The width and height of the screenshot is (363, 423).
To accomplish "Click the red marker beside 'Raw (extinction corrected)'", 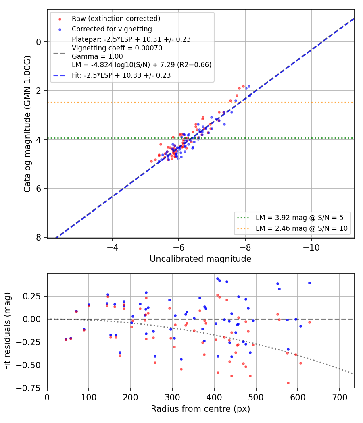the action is [60, 19].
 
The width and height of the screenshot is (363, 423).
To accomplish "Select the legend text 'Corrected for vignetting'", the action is [112, 29].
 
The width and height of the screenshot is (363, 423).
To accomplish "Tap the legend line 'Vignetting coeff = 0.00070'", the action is [117, 48].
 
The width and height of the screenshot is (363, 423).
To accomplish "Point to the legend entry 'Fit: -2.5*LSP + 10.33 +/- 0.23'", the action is [121, 75].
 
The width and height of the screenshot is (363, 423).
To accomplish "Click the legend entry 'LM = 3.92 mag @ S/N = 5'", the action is [300, 218].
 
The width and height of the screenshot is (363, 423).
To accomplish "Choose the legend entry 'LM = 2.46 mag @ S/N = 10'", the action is [302, 228].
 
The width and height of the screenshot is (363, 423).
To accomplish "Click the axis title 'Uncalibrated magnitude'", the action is [200, 259].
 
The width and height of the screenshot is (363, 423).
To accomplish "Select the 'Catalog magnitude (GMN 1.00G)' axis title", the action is [27, 124].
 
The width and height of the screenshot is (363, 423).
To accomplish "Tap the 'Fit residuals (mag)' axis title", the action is [7, 331].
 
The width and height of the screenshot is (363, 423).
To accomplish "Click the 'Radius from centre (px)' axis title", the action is [200, 409].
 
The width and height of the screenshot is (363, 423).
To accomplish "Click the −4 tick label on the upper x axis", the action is [113, 247].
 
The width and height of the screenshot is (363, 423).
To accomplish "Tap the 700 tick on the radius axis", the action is [339, 397].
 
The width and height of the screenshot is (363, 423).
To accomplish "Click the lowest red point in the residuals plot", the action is [288, 383].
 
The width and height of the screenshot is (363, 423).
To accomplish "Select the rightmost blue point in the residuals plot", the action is [309, 283].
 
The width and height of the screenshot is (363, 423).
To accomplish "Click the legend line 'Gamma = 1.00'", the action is [97, 56].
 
